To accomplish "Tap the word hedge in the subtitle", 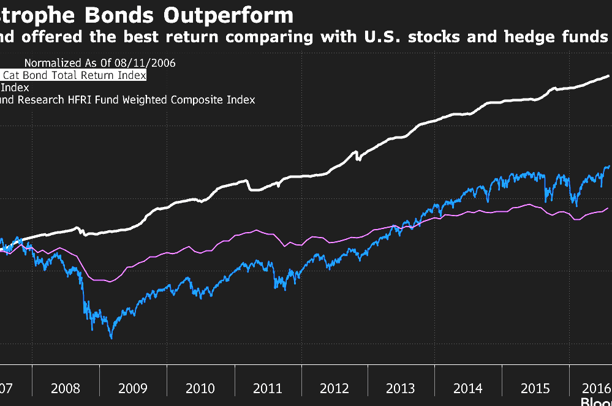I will tap(527, 37).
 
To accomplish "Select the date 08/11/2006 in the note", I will tap(146, 62).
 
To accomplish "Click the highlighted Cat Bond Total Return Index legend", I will tap(74, 75).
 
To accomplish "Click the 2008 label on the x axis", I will tap(66, 388).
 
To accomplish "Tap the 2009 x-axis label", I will tap(132, 388).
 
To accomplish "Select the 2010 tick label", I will tap(200, 388).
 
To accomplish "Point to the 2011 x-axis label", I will tap(268, 388).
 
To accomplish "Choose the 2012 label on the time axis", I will tap(334, 388).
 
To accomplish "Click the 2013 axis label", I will tap(401, 388).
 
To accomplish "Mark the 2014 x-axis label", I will tap(468, 388).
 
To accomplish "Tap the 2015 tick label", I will tap(535, 388).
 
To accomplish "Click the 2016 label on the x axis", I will tap(595, 388).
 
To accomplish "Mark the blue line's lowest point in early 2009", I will tap(111, 337).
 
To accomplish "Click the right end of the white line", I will tap(608, 76).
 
